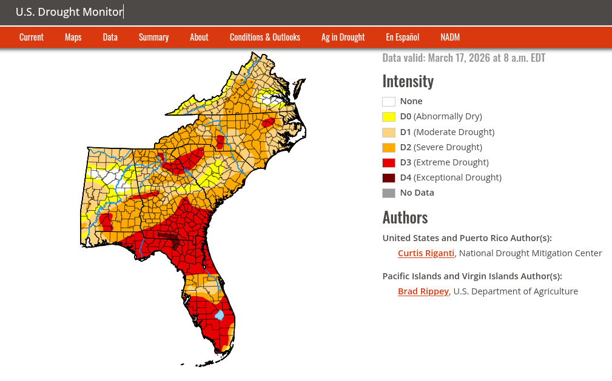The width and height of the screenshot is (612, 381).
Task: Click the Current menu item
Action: pyautogui.click(x=32, y=37)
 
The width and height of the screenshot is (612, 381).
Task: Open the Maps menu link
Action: pyautogui.click(x=73, y=37)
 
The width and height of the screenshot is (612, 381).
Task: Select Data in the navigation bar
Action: pyautogui.click(x=110, y=37)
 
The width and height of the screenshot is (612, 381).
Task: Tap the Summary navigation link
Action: pyautogui.click(x=153, y=37)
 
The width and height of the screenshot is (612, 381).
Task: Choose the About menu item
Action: pyautogui.click(x=199, y=37)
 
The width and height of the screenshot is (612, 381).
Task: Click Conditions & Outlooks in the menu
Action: pyautogui.click(x=264, y=37)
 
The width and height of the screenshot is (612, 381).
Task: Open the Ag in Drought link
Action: pyautogui.click(x=343, y=37)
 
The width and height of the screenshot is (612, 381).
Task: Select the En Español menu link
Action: pyautogui.click(x=402, y=37)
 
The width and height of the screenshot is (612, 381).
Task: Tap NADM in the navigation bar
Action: pyautogui.click(x=450, y=37)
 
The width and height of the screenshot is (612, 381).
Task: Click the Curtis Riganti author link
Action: pyautogui.click(x=426, y=253)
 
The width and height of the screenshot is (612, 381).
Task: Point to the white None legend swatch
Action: pyautogui.click(x=389, y=102)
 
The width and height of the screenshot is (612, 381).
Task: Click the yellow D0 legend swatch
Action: pyautogui.click(x=389, y=117)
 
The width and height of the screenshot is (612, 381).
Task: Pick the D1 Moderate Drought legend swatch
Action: pyautogui.click(x=389, y=132)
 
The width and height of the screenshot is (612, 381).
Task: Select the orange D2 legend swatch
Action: pyautogui.click(x=389, y=147)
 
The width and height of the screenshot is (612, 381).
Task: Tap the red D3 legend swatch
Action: pyautogui.click(x=389, y=162)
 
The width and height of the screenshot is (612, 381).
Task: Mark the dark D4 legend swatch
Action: pyautogui.click(x=389, y=177)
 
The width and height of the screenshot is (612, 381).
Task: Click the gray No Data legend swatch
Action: pyautogui.click(x=389, y=193)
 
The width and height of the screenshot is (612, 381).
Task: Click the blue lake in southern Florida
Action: pyautogui.click(x=220, y=316)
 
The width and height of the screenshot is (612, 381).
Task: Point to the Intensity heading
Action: pyautogui.click(x=408, y=81)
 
